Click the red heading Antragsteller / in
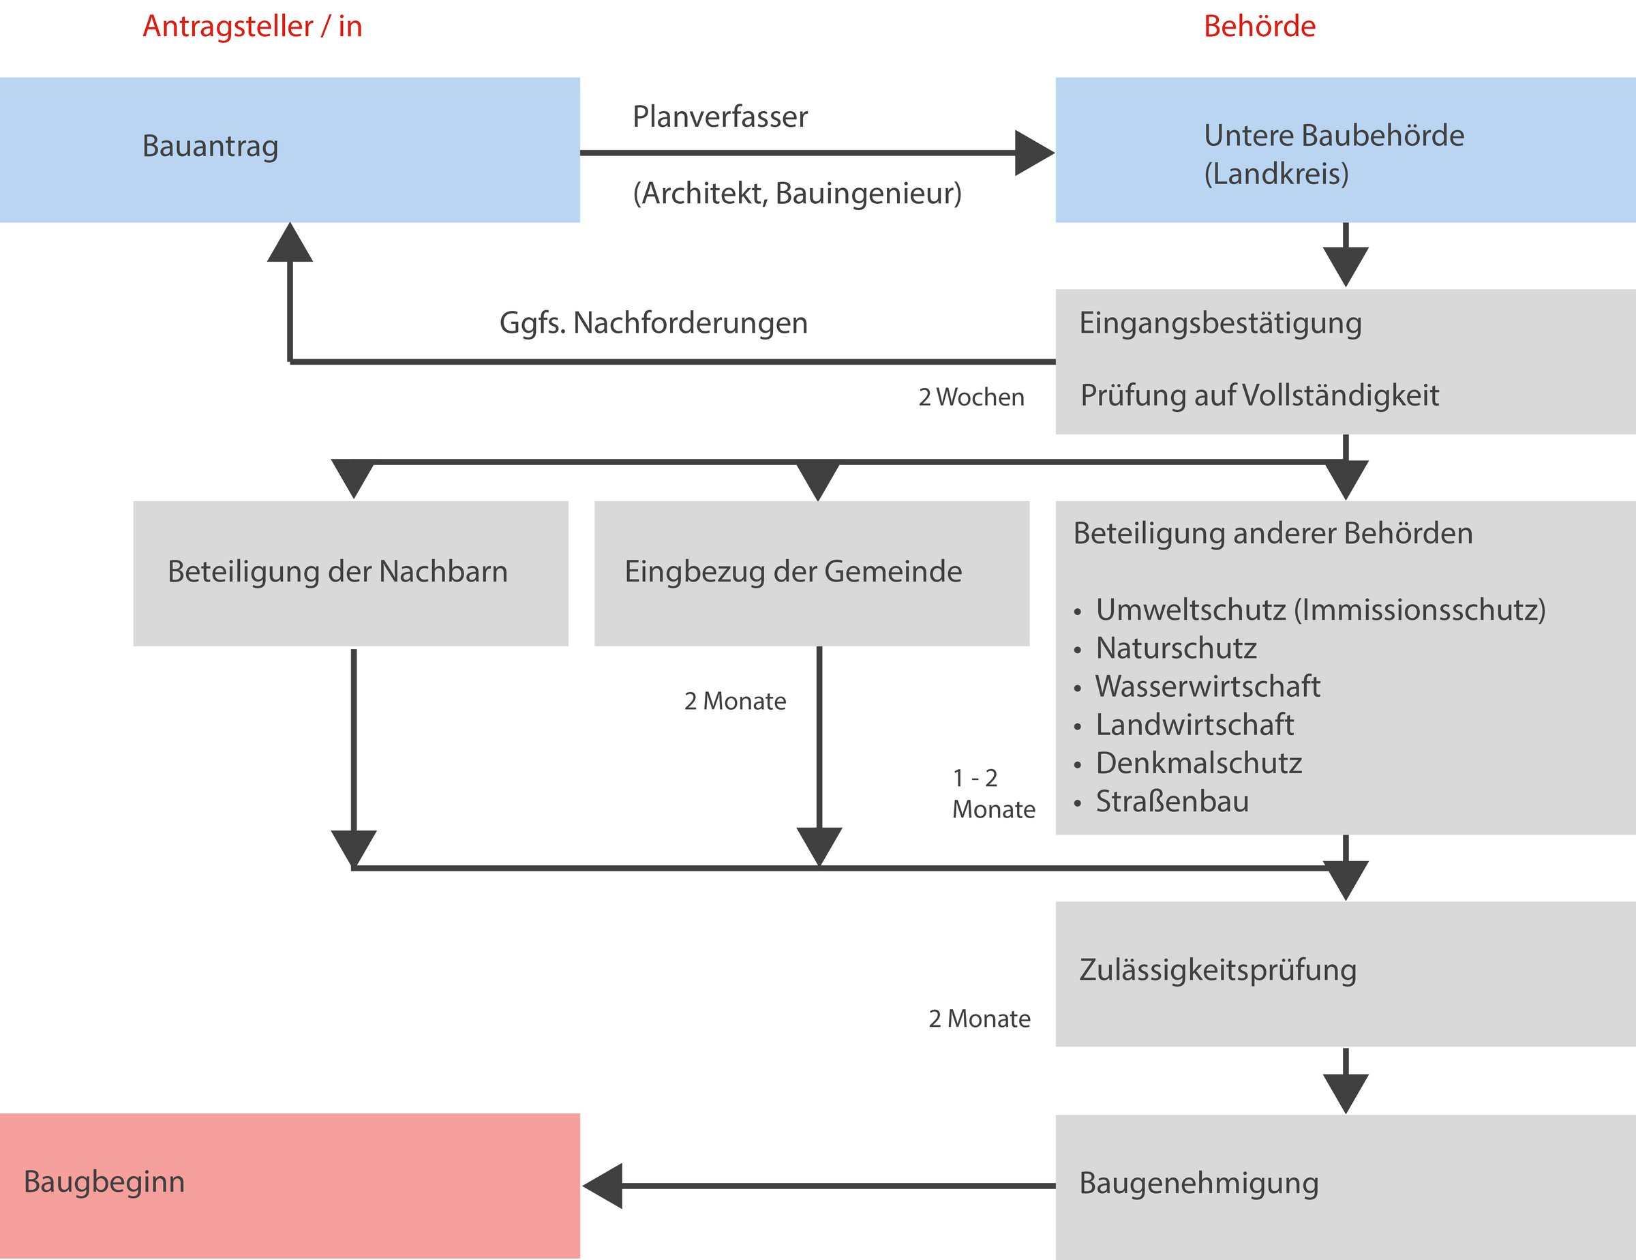(x=252, y=26)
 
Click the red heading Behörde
(x=1259, y=26)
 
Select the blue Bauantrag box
(x=290, y=150)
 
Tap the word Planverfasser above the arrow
(x=720, y=117)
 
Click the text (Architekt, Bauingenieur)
(x=797, y=193)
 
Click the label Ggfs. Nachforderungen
(x=653, y=323)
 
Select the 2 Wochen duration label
(x=971, y=397)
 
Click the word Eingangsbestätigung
(x=1220, y=323)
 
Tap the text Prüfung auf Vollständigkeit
(x=1259, y=395)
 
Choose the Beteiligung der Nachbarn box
(x=350, y=573)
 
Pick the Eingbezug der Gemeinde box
(x=812, y=573)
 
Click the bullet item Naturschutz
(x=1176, y=648)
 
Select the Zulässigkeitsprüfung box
(x=1346, y=974)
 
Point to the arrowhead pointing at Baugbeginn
(x=603, y=1186)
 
